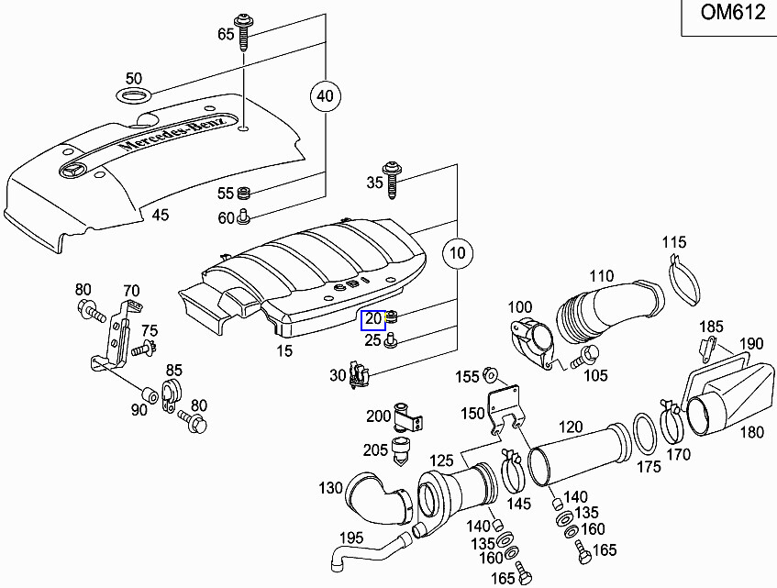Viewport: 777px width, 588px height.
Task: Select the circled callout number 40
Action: [x=323, y=95]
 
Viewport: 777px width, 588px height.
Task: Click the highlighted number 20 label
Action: [x=373, y=319]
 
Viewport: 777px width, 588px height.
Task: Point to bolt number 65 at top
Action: [x=245, y=33]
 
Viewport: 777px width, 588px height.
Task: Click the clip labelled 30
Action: [x=361, y=375]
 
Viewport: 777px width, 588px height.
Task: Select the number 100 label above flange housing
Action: [x=520, y=306]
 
